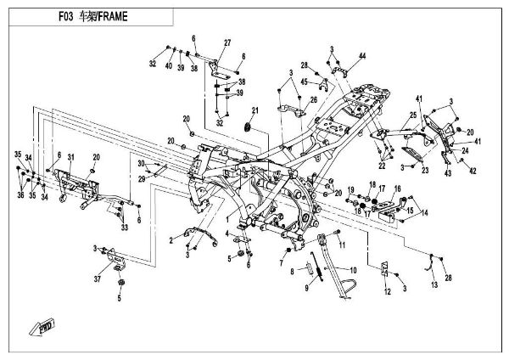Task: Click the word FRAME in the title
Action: click(x=113, y=17)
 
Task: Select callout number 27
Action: click(x=227, y=43)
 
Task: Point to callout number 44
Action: click(x=361, y=56)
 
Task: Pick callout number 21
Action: click(x=254, y=110)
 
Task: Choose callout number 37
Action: click(x=98, y=278)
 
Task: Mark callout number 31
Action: click(x=72, y=157)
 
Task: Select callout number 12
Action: click(x=386, y=292)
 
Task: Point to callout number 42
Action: click(x=473, y=172)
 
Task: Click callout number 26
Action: click(x=313, y=100)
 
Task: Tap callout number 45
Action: click(x=305, y=82)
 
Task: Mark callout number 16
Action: click(x=397, y=188)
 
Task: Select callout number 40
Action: click(x=169, y=66)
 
